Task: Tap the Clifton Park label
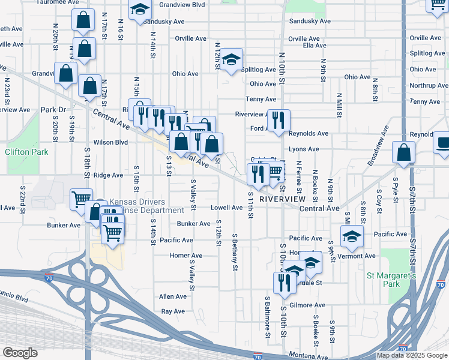coord(26,152)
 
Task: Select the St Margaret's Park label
coord(391,279)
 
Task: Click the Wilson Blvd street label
coord(110,142)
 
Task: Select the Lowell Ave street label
coord(226,208)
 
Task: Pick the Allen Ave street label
coord(172,296)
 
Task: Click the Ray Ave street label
coord(172,311)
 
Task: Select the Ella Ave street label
coord(315,45)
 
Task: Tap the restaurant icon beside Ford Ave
coord(278,120)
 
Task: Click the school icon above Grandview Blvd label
coord(140,10)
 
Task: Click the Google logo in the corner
coord(20,353)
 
